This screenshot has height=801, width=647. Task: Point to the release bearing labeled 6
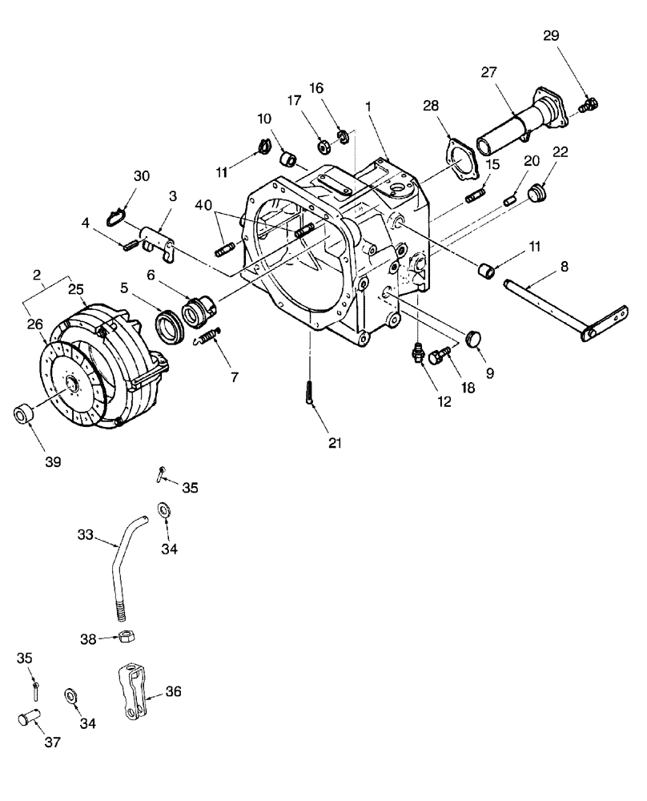tap(197, 308)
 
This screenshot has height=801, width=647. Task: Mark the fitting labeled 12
tap(417, 352)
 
